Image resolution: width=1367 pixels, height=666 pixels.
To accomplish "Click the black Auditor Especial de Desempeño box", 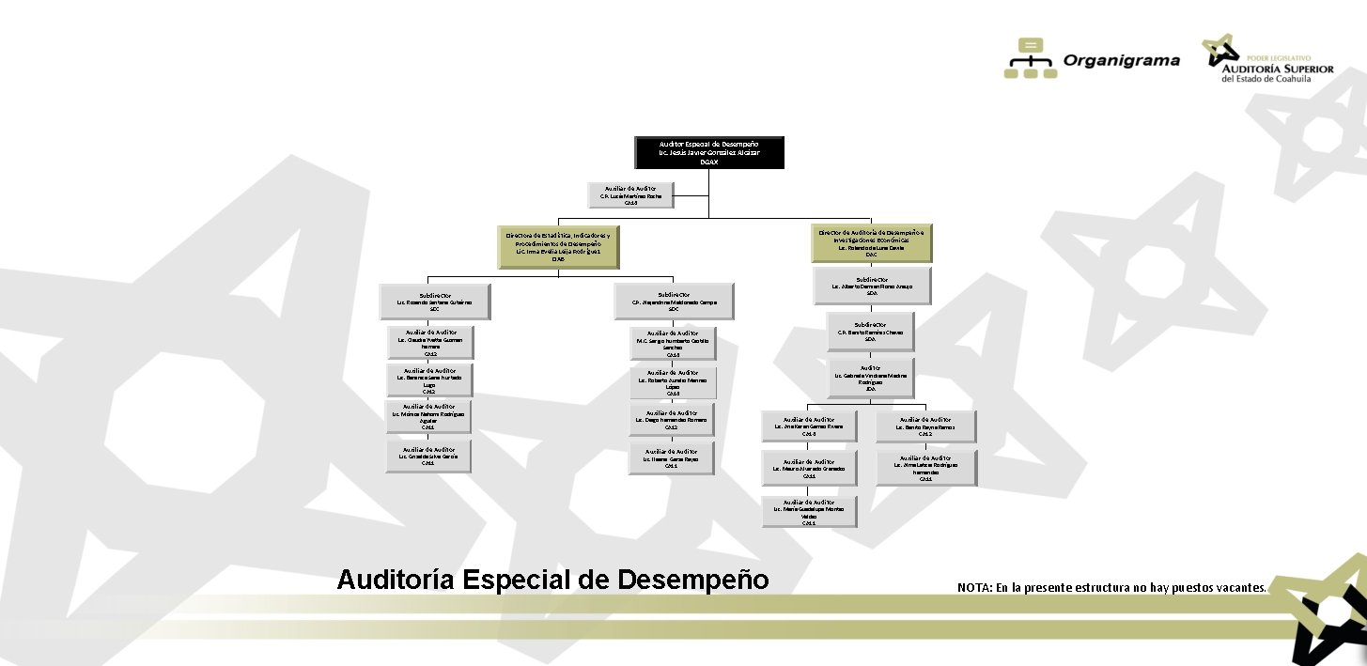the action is pos(708,152).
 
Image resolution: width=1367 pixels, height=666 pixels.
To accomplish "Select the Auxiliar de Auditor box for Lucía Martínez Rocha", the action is pos(631,194).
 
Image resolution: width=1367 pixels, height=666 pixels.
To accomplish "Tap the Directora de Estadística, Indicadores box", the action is pos(558,246).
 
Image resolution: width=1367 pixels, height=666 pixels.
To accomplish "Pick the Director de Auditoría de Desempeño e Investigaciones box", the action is pos(872,242).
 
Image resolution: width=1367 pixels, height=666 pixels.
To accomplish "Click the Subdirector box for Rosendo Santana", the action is pos(434,300).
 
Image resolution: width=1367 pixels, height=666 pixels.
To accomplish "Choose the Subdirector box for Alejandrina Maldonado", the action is pos(673,300).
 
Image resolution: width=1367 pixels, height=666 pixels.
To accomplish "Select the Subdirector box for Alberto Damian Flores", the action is pos(872,287).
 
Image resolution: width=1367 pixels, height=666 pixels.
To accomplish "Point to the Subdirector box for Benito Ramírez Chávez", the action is pos(870,330).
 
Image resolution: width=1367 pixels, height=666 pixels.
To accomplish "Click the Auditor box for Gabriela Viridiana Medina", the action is pos(871,377).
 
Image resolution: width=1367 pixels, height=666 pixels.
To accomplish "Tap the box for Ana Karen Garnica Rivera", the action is pos(809,426).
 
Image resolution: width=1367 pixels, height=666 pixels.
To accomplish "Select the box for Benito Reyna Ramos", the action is pos(925,426).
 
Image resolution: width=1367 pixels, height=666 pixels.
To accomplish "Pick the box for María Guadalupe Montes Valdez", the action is pos(809,512).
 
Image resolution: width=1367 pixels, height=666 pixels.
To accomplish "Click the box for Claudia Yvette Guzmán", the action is pos(430,342).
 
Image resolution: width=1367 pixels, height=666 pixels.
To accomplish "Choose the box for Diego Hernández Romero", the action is pos(671,420).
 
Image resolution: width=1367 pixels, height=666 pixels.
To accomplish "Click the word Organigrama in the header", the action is pos(1121,61).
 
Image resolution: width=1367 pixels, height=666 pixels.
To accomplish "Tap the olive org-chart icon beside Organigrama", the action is pos(1031,58).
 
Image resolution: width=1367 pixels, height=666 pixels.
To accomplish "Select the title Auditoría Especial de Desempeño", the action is pos(552,579).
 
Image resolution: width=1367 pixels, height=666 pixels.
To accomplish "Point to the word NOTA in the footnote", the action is pos(972,588).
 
